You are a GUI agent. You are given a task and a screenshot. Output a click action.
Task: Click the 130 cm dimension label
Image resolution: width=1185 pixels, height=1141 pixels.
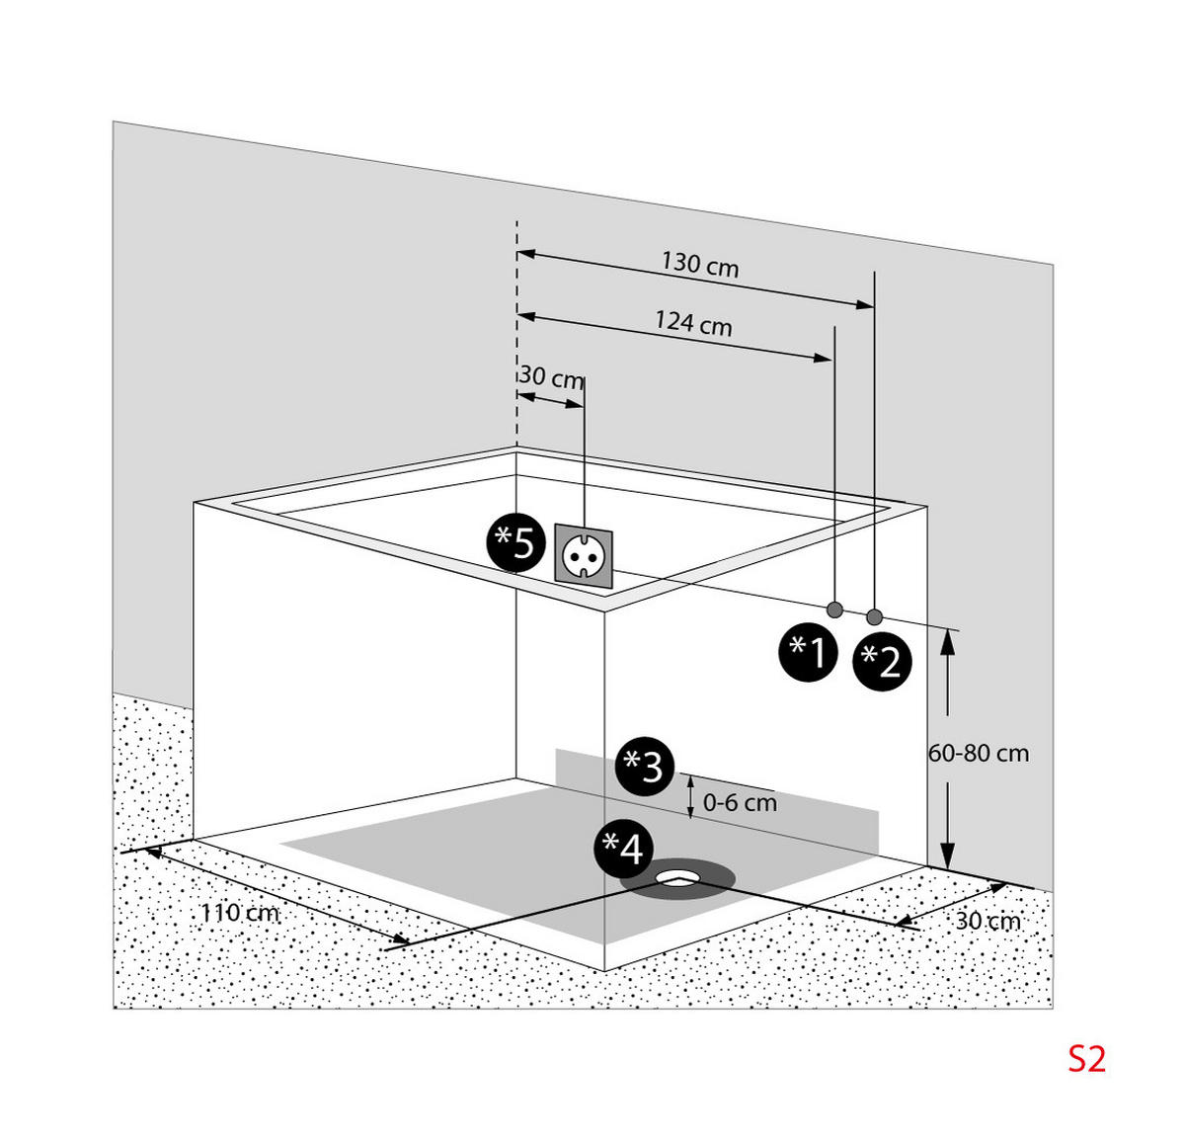(700, 265)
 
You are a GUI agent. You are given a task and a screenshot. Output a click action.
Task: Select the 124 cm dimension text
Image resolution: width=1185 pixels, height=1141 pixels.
(693, 323)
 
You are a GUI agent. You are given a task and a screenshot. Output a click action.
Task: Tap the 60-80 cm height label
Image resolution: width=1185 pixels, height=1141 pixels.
(978, 754)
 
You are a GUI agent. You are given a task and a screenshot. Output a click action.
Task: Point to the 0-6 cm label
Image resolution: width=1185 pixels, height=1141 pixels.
(740, 803)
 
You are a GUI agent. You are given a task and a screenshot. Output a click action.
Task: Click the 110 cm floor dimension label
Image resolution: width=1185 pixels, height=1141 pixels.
(239, 912)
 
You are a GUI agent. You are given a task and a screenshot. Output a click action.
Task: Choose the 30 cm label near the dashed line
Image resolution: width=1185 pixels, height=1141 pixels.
(551, 377)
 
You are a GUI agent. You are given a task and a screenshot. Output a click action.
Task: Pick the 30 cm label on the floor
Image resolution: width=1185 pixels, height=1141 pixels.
(987, 921)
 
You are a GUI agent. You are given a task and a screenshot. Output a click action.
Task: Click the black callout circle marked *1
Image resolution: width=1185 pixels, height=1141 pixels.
(808, 652)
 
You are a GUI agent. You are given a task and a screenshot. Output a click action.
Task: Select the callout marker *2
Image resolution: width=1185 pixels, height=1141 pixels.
(882, 661)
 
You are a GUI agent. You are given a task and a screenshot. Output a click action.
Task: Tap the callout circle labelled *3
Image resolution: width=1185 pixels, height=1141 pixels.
(645, 767)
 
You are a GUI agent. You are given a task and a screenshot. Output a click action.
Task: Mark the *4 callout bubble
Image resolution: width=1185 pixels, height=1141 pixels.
(623, 849)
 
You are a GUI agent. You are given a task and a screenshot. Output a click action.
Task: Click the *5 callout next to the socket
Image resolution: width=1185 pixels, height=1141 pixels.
(515, 541)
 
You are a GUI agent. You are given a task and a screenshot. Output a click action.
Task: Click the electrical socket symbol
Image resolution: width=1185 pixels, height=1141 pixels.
(584, 555)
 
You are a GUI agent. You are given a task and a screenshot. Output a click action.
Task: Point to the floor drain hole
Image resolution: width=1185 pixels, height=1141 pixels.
(677, 878)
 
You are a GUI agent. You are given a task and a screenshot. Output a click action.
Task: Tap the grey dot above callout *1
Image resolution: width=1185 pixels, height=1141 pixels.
(834, 610)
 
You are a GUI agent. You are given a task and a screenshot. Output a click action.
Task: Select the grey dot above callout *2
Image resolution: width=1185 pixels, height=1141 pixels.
(874, 617)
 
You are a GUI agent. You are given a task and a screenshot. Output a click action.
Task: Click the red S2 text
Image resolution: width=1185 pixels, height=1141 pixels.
(1087, 1059)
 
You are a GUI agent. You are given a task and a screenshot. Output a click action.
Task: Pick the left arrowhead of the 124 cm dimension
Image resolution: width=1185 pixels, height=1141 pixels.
(526, 316)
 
